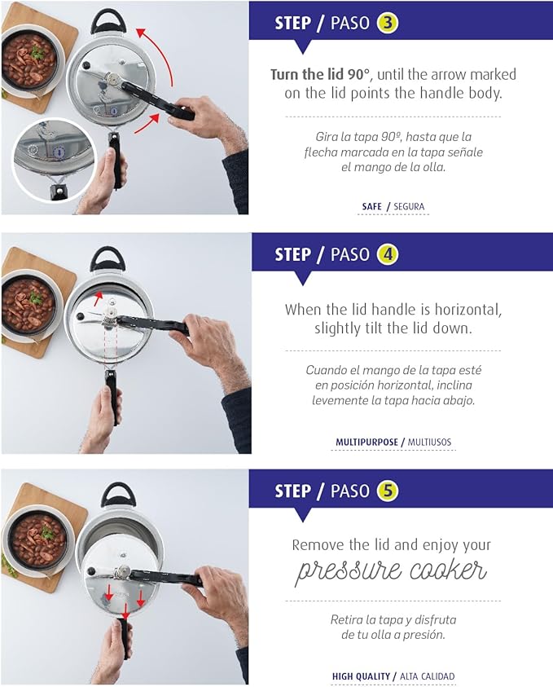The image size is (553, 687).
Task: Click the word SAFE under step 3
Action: pos(371,207)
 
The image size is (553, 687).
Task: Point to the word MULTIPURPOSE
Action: pos(366,443)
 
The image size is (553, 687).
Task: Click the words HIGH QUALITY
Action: pos(362,676)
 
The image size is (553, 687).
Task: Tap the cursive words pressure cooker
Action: pos(390,570)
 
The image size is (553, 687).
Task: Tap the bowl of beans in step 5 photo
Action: pos(37,537)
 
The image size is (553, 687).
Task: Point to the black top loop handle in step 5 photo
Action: pos(118,493)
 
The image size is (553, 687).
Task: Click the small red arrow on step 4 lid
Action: pos(99,295)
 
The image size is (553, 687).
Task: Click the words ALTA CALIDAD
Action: pos(427,676)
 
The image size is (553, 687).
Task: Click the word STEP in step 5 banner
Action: pos(292,491)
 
